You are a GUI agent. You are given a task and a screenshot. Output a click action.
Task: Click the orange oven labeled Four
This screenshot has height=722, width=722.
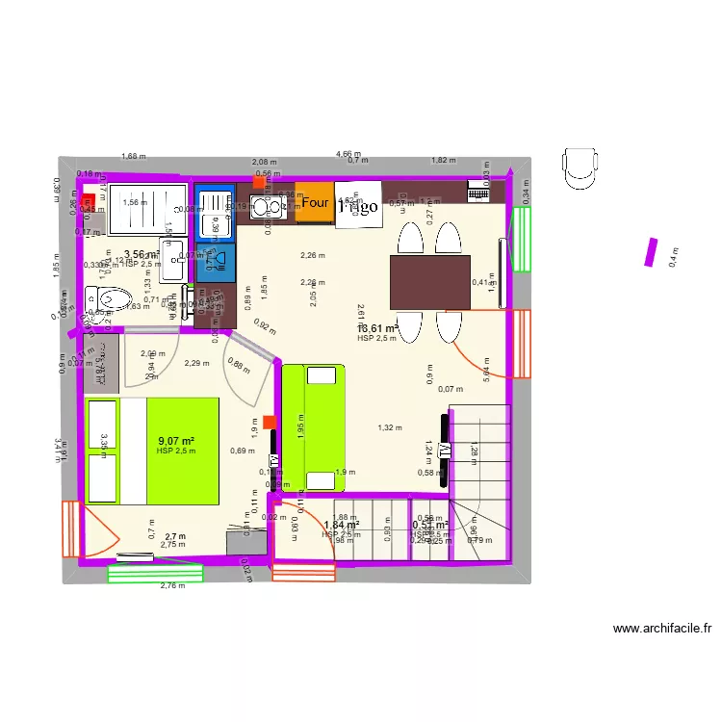point(314,203)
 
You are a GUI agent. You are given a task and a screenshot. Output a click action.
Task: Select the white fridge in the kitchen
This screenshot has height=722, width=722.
point(357,204)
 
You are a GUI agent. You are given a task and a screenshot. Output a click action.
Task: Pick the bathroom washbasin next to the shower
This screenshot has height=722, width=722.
point(173,260)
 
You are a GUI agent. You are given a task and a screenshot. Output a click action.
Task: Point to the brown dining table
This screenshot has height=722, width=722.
point(429,281)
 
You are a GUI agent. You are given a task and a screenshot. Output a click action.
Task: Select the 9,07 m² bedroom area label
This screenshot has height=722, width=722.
point(177,441)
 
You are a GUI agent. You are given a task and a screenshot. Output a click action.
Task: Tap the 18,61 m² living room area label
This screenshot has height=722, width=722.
point(377,328)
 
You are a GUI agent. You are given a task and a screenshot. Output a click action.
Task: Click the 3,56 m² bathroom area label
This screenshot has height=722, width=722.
point(142,254)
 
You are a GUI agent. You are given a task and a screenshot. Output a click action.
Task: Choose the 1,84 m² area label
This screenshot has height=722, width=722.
point(341,525)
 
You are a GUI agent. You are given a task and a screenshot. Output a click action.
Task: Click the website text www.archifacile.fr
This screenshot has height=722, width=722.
point(662,630)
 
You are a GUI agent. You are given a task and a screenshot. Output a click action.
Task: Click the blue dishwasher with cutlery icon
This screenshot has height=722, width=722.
point(216,260)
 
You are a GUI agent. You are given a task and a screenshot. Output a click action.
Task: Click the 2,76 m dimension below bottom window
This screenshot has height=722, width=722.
point(171,585)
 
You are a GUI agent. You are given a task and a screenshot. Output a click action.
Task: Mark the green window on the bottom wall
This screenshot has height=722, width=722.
point(155,573)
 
